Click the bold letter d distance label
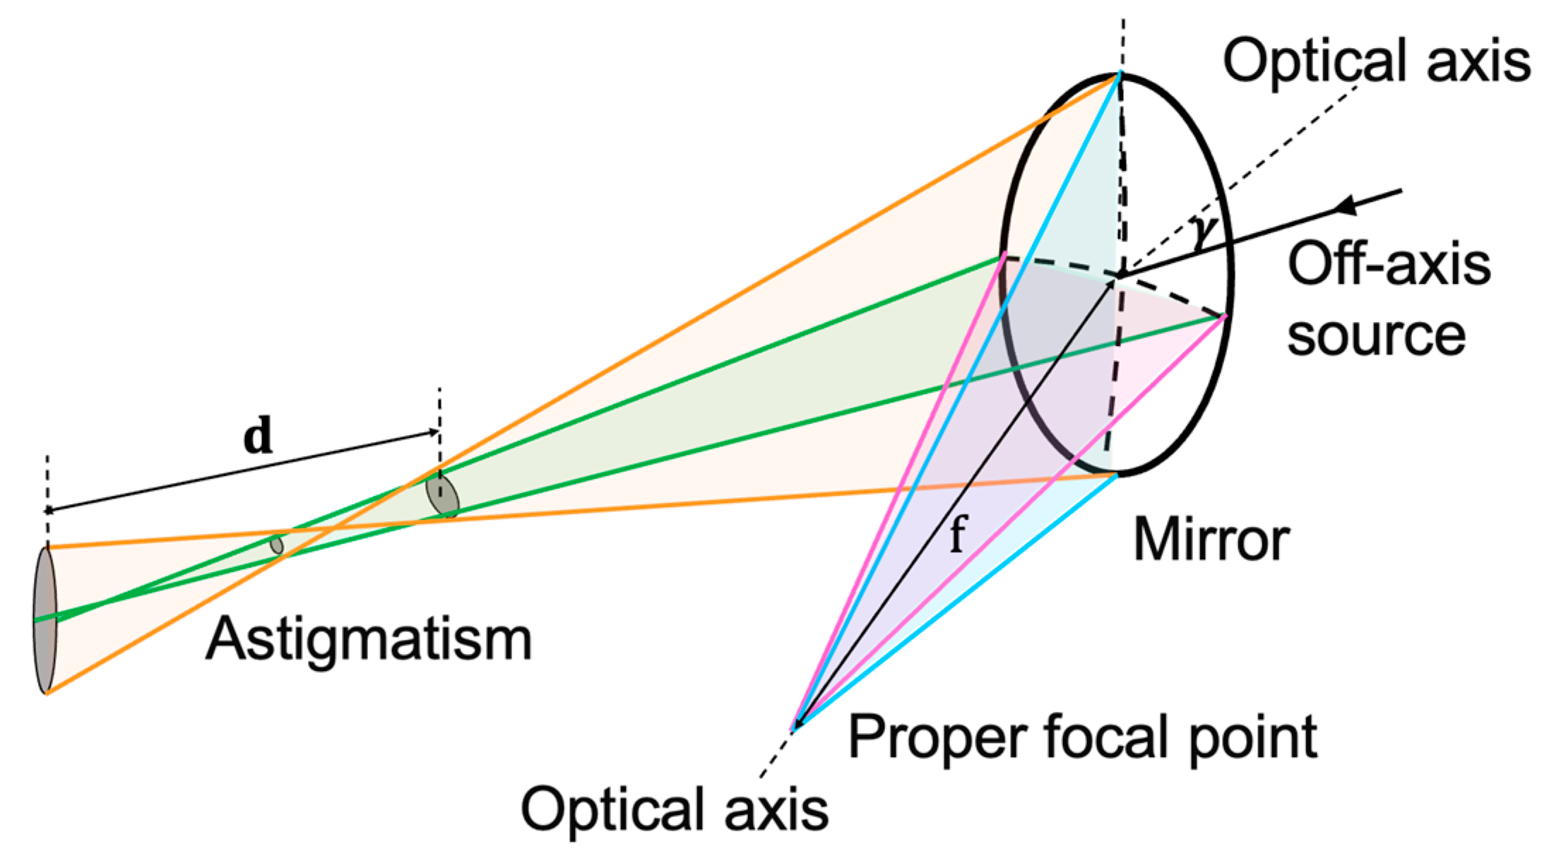258,436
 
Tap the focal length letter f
957,534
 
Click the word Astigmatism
368,640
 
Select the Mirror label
1211,540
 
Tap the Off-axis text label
1389,264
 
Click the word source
1376,335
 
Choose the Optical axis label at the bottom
675,809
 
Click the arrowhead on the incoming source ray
1346,206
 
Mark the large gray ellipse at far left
44,620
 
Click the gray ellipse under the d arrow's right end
442,496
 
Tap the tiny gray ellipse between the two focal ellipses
277,545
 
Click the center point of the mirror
1119,274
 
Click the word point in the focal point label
1253,739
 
